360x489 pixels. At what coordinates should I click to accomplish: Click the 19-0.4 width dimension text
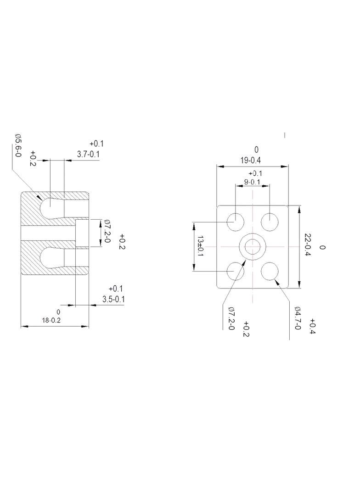click(250, 161)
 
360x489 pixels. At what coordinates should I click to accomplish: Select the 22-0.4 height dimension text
click(307, 245)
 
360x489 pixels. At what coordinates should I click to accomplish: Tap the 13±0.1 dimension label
click(200, 246)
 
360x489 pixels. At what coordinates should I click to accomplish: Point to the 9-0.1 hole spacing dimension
click(252, 182)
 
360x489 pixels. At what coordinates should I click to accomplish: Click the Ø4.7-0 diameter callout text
click(297, 318)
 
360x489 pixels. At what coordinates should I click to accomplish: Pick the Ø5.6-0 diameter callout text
click(18, 145)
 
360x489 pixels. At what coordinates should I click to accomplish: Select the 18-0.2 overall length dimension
click(51, 320)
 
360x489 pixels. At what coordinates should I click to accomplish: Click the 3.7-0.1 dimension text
click(88, 154)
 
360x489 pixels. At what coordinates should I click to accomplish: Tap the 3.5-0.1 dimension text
click(114, 299)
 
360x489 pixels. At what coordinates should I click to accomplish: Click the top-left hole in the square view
click(235, 222)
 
